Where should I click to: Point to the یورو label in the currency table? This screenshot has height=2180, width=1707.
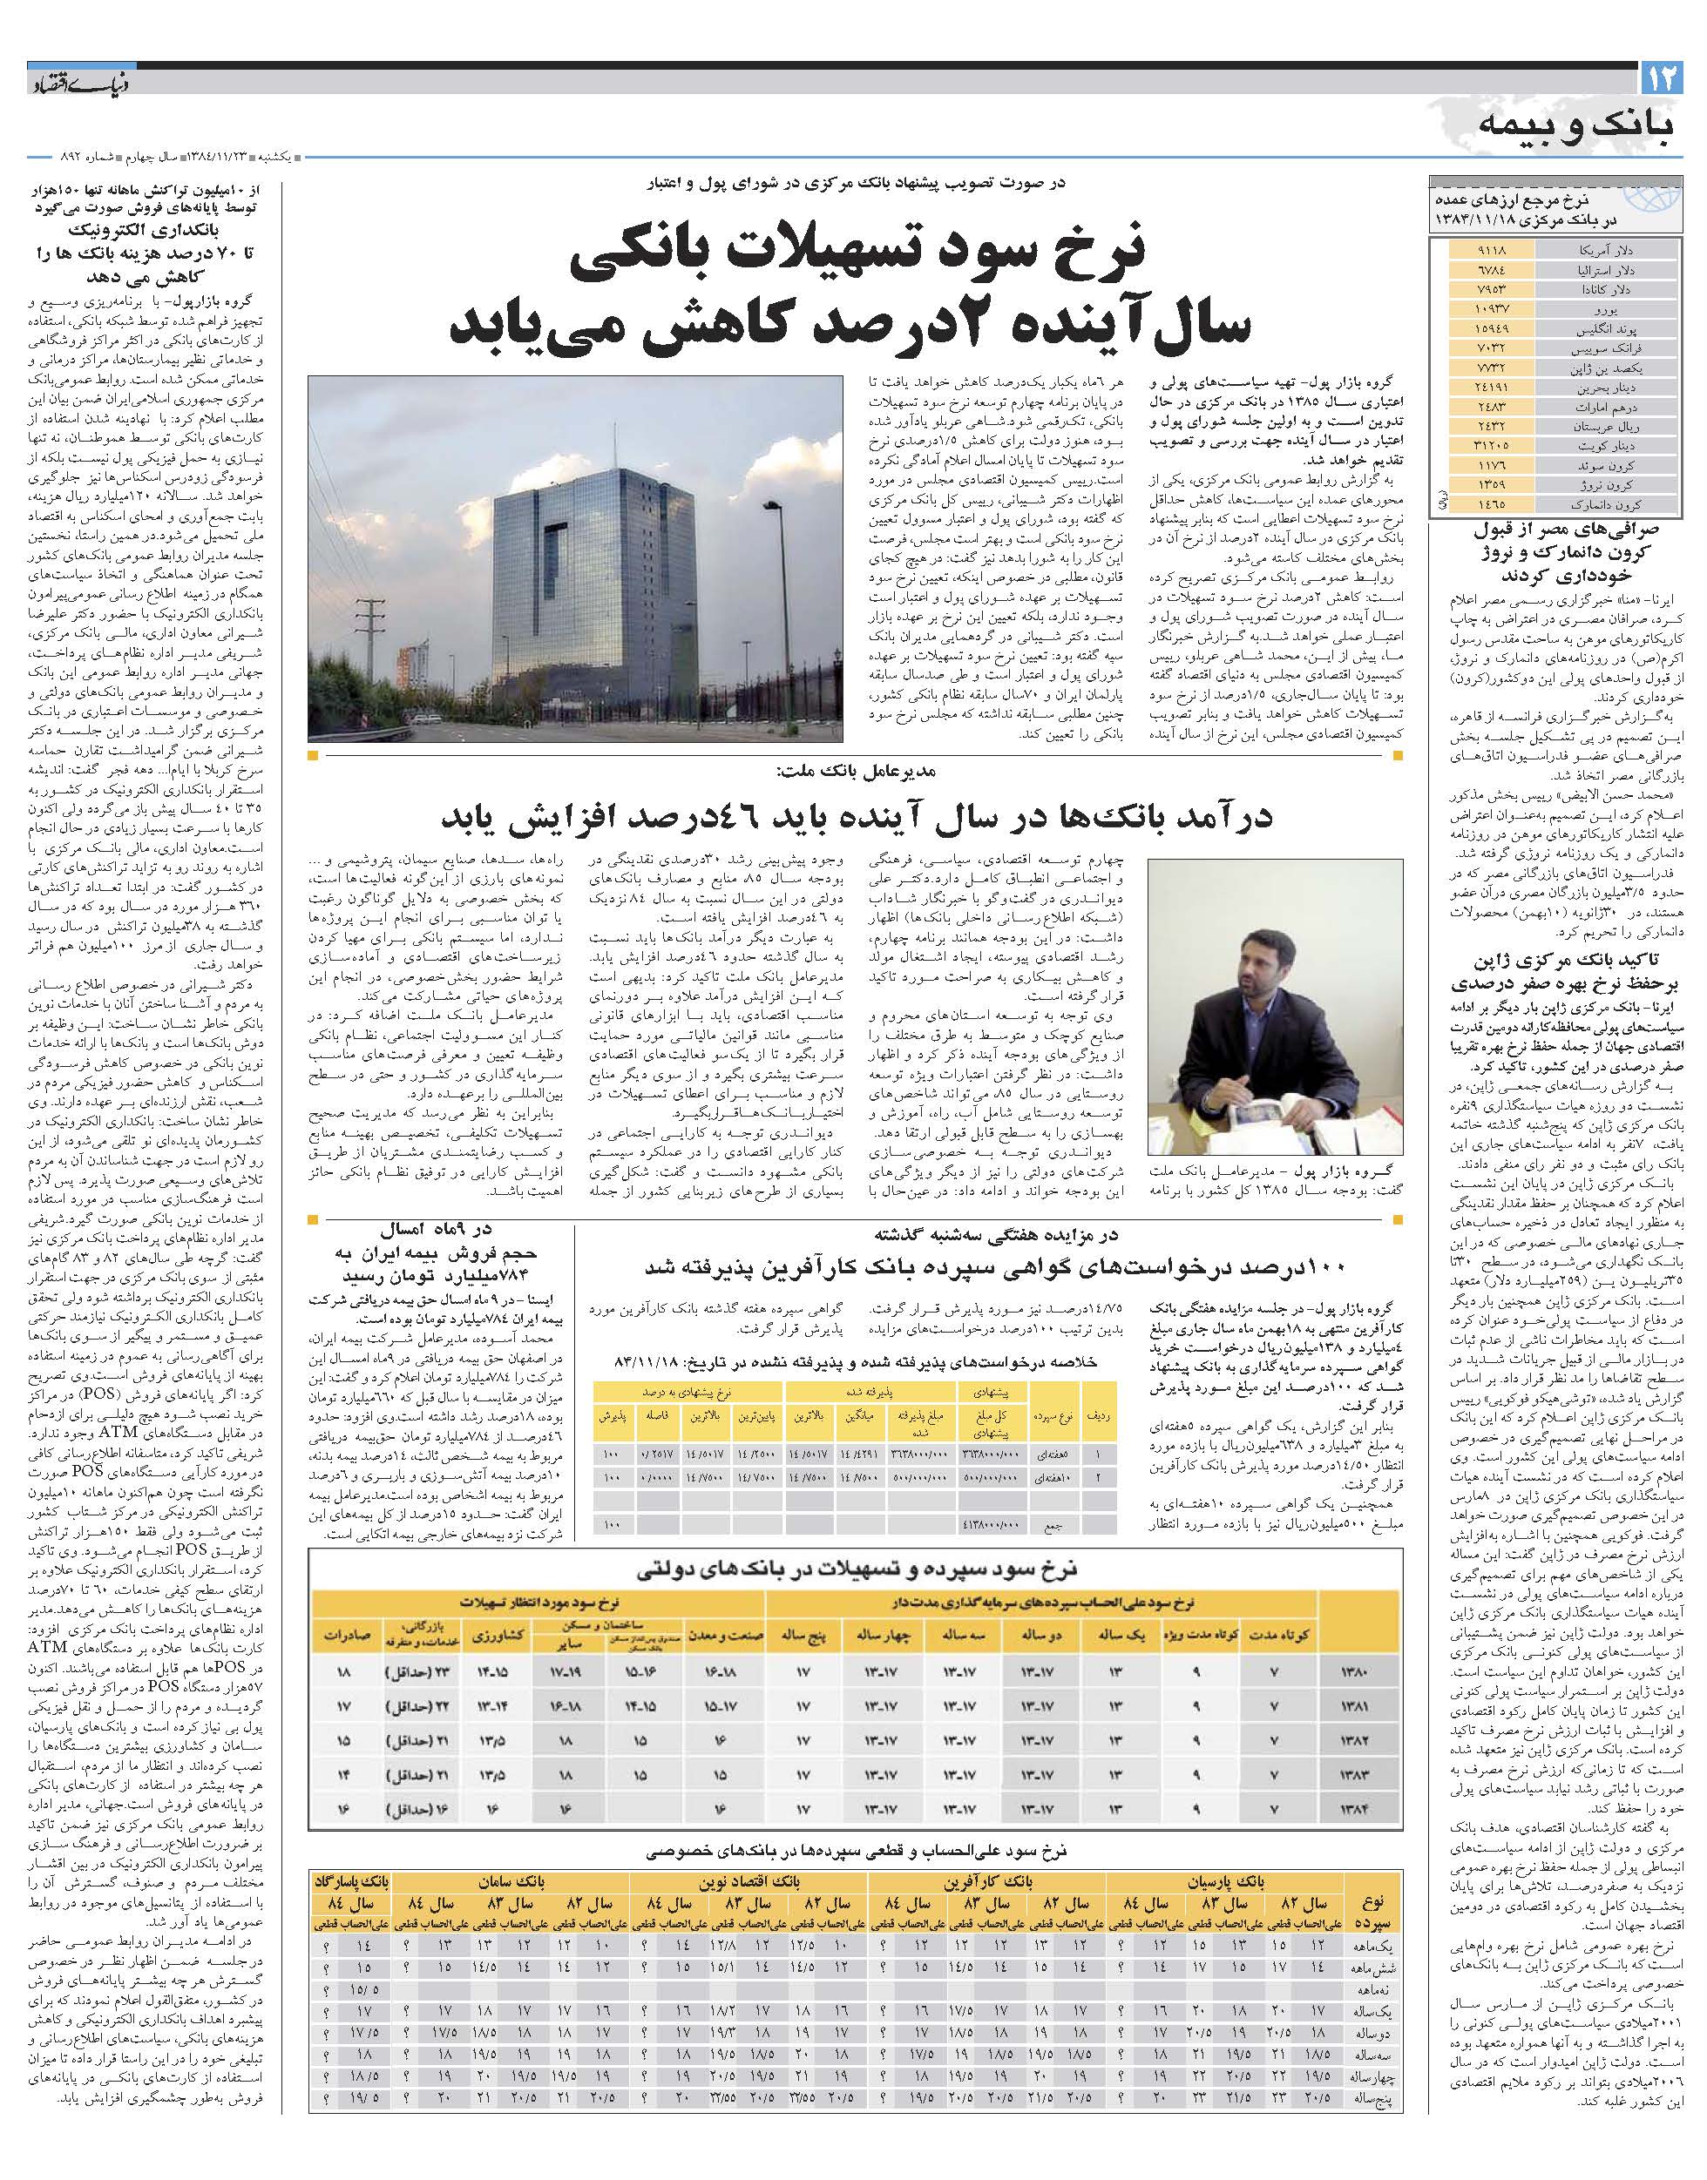click(1623, 310)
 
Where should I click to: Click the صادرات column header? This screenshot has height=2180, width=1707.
click(342, 1637)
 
